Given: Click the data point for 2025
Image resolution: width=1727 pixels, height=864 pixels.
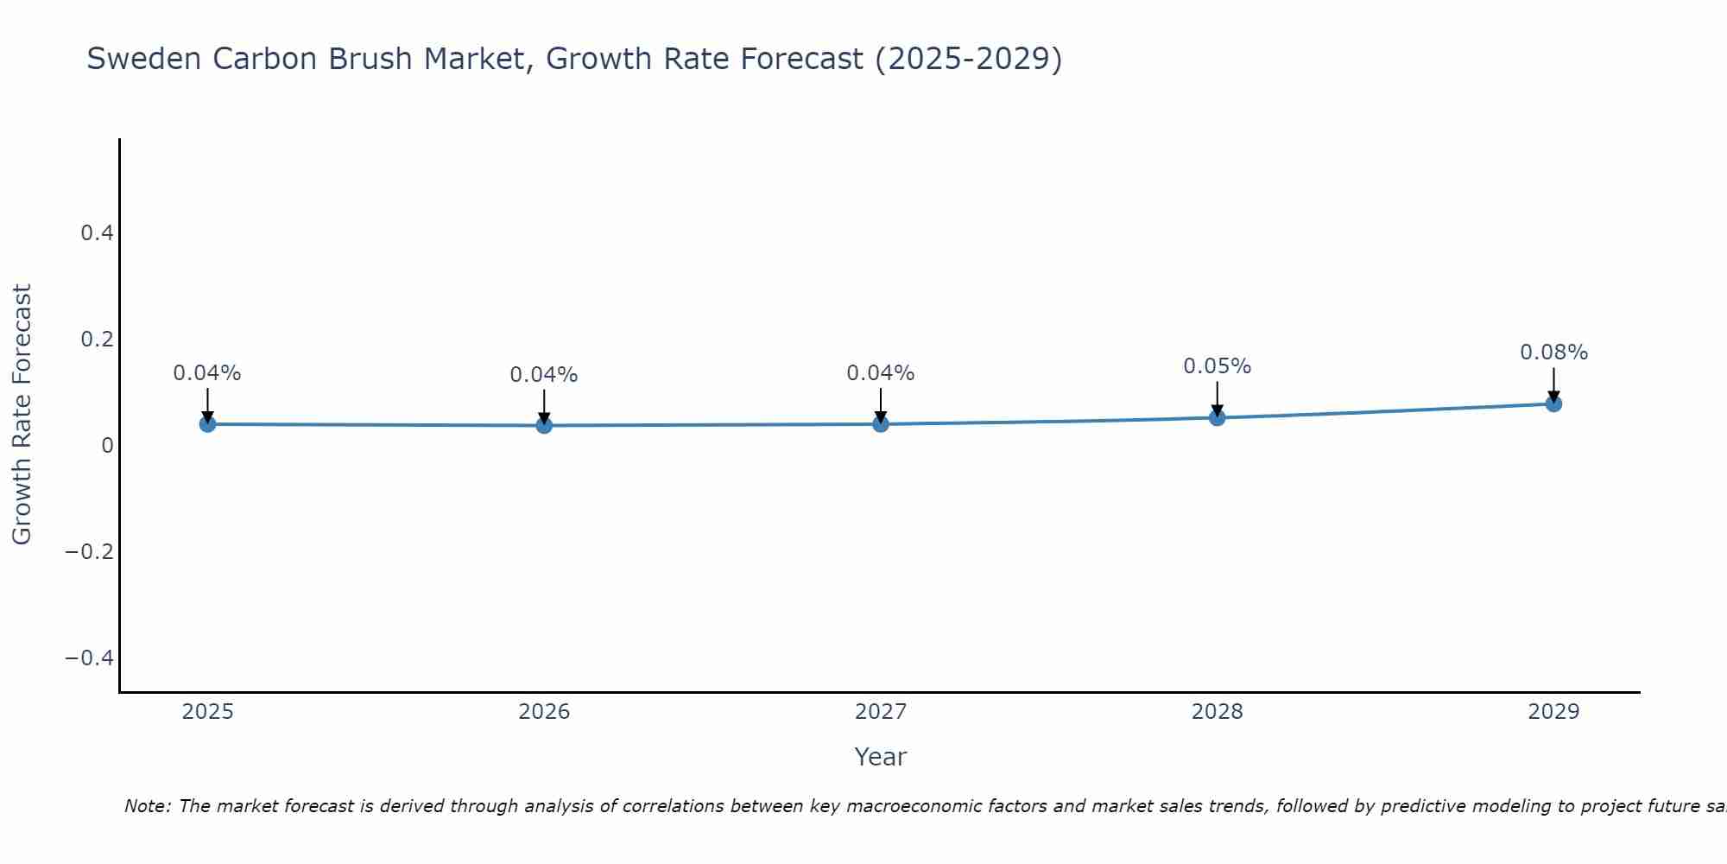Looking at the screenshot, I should pyautogui.click(x=207, y=423).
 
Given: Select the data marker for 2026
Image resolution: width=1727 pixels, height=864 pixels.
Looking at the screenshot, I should pyautogui.click(x=544, y=425).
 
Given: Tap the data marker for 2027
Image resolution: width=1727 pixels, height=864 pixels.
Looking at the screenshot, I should pyautogui.click(x=881, y=423).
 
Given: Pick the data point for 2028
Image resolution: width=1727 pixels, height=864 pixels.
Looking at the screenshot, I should pyautogui.click(x=1217, y=418).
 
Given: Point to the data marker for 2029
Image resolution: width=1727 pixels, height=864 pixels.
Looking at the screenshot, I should pyautogui.click(x=1553, y=403).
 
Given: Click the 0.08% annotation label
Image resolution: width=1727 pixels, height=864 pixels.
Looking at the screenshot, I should pyautogui.click(x=1553, y=353).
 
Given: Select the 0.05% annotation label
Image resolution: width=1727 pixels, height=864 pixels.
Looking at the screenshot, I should pyautogui.click(x=1217, y=366).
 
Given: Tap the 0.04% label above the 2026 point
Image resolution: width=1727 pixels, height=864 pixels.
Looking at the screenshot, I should pyautogui.click(x=544, y=375).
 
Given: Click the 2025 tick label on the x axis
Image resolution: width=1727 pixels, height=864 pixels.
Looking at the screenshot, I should pyautogui.click(x=208, y=712).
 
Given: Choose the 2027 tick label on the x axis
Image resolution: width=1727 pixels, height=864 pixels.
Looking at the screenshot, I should pyautogui.click(x=881, y=712).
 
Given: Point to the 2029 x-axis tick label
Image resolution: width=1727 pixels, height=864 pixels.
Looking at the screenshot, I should pyautogui.click(x=1553, y=712).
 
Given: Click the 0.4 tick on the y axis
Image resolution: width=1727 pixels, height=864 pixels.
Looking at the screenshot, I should pyautogui.click(x=97, y=233).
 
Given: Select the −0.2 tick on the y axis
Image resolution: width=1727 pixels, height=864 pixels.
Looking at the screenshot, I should pyautogui.click(x=90, y=551).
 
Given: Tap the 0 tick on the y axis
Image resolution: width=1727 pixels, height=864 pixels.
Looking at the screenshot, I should pyautogui.click(x=107, y=445).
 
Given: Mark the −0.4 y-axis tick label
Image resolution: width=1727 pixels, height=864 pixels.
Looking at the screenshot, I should pyautogui.click(x=90, y=658).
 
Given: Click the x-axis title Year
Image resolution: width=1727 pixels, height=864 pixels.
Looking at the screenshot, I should pyautogui.click(x=880, y=757).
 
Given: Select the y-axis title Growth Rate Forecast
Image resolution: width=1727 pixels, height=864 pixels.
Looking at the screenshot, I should pyautogui.click(x=22, y=414).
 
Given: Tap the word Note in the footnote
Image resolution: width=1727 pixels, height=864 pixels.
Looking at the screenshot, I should pyautogui.click(x=147, y=806).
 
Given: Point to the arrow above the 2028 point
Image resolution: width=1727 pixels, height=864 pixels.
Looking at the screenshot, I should pyautogui.click(x=1217, y=399).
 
